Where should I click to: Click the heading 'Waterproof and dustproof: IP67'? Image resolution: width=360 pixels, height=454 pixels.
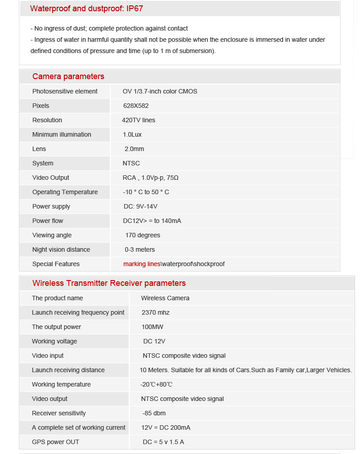coord(86,9)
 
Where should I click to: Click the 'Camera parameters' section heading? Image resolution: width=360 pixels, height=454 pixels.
coord(68,76)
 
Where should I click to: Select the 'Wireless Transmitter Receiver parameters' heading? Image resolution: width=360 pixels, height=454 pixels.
coord(109,283)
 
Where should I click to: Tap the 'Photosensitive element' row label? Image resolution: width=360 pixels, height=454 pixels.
coord(65,91)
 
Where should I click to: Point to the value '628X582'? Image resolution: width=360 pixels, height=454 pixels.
coord(136,106)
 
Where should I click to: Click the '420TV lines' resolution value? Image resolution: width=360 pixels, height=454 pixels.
coord(138,120)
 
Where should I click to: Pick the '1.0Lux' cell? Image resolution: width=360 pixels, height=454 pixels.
coord(132,134)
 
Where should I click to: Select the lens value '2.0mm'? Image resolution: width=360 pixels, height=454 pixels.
coord(134,149)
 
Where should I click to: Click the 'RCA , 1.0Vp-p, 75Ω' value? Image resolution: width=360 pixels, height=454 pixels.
coord(151,178)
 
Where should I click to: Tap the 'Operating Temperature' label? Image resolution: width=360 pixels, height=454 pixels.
coord(65,192)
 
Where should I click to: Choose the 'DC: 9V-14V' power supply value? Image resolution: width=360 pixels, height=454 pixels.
coord(140,206)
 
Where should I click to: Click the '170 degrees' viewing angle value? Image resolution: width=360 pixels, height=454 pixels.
coord(143,235)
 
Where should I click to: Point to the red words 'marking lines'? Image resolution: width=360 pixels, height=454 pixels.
coord(142,264)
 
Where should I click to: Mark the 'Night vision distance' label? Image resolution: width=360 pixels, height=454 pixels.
coord(61,249)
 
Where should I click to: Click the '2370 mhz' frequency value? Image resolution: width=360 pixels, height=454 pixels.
coord(156,312)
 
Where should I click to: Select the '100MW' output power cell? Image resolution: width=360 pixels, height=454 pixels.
coord(153,327)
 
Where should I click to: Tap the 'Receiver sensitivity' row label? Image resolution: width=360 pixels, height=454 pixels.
coord(58,413)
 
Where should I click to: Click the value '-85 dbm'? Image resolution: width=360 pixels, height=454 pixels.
coord(154,413)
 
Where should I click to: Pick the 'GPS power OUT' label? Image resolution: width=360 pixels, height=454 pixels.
coord(55,442)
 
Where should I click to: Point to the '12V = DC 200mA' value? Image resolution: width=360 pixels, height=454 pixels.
coord(166,427)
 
